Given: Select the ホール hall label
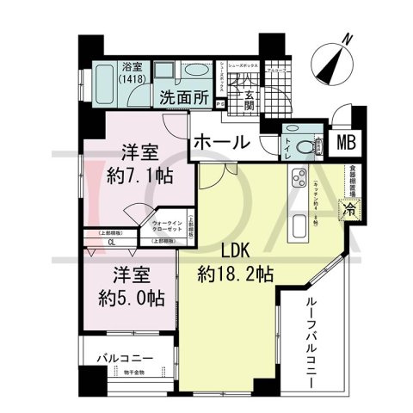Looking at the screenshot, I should click(x=220, y=142).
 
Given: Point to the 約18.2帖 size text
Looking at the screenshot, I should click(x=234, y=275).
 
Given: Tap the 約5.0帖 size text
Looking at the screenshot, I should click(x=130, y=299).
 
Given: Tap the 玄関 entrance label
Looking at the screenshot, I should click(x=250, y=102).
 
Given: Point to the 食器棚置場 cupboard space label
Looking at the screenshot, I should click(x=353, y=181).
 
